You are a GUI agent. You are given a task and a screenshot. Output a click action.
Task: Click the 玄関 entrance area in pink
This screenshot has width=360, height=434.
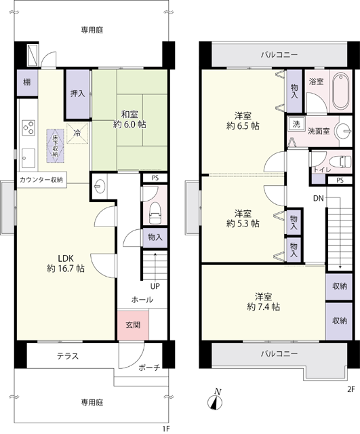click(x=133, y=325)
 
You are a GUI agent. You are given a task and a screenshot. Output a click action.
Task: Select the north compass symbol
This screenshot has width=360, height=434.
click(x=215, y=402)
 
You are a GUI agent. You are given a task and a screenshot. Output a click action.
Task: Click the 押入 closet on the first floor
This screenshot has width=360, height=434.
click(x=77, y=94)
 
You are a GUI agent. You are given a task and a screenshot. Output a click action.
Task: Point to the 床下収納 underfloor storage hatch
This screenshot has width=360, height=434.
click(x=55, y=146)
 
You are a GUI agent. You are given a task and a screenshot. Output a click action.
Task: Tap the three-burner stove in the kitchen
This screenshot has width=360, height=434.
click(x=28, y=127)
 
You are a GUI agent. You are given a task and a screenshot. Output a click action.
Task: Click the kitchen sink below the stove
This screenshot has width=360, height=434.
click(x=28, y=158)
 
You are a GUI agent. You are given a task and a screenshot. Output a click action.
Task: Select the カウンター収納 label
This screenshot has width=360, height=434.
click(x=41, y=180)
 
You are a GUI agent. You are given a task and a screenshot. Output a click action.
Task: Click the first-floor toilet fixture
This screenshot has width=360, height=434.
click(x=155, y=213)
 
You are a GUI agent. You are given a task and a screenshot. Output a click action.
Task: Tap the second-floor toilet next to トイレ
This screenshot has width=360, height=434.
click(x=342, y=161)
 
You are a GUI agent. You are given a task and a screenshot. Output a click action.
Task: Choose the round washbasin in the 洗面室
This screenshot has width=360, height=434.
click(x=344, y=130)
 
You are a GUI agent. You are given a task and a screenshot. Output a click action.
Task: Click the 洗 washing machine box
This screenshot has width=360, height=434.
click(x=296, y=124)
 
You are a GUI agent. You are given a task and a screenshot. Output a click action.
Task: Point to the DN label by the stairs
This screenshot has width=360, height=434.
click(x=318, y=198)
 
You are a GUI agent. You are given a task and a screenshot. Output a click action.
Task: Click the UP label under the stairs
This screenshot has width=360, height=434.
click(x=155, y=286)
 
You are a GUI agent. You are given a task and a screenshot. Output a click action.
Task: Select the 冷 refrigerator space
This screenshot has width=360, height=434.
click(x=77, y=134)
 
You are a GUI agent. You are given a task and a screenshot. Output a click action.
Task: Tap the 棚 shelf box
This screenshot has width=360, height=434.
click(x=27, y=82)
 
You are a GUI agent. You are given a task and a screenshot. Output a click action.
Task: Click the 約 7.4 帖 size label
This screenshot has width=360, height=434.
click(x=264, y=307)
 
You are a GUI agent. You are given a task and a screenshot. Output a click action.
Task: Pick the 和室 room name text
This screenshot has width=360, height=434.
click(x=129, y=114)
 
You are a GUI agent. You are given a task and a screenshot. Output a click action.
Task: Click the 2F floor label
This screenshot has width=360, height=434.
click(x=351, y=389)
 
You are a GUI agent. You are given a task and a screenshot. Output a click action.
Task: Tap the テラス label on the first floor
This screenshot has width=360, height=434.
click(x=68, y=356)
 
